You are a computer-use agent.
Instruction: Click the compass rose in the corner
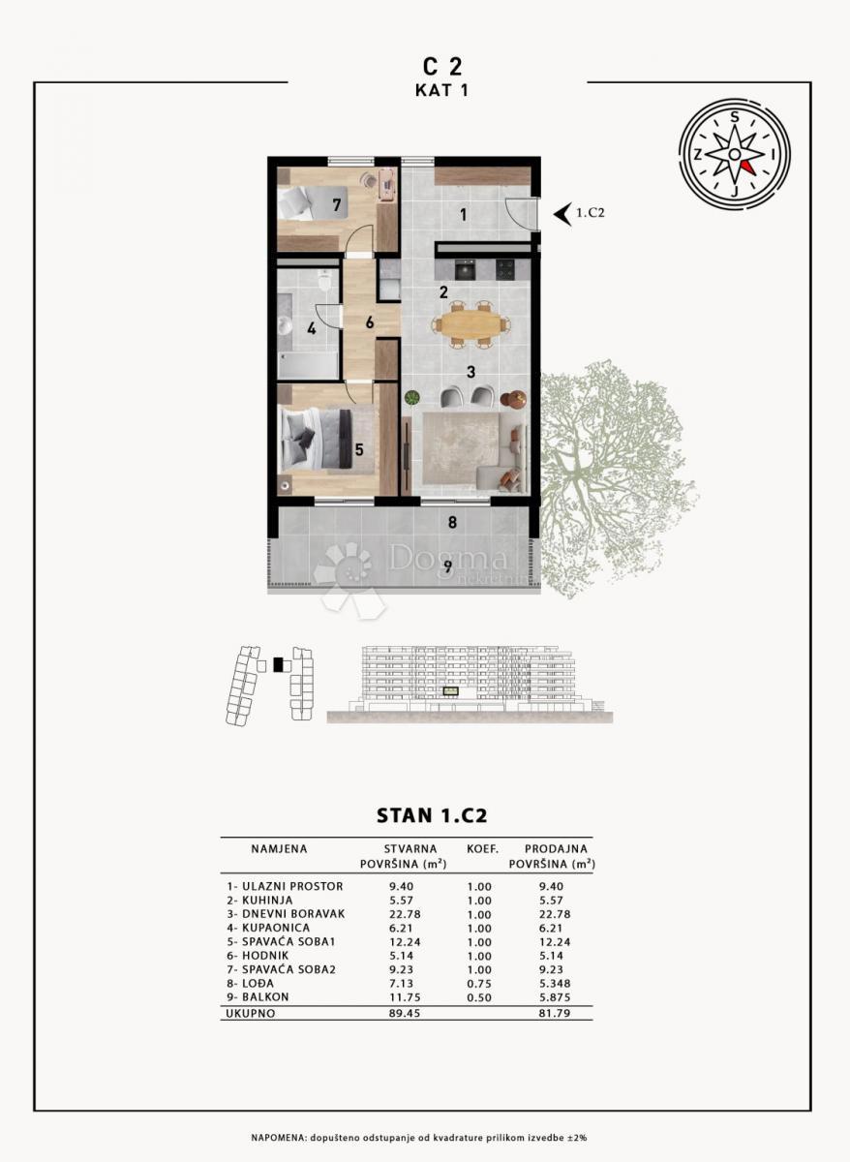pyautogui.click(x=735, y=154)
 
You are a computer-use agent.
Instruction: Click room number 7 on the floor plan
pyautogui.click(x=336, y=204)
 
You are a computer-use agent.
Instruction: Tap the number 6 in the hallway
pyautogui.click(x=369, y=322)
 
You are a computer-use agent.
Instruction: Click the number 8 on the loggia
pyautogui.click(x=451, y=524)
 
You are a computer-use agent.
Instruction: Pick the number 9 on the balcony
pyautogui.click(x=447, y=566)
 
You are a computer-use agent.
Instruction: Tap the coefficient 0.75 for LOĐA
pyautogui.click(x=479, y=982)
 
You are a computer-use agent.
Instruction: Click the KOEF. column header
pyautogui.click(x=480, y=849)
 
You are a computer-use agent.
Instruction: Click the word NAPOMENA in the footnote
pyautogui.click(x=280, y=1136)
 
